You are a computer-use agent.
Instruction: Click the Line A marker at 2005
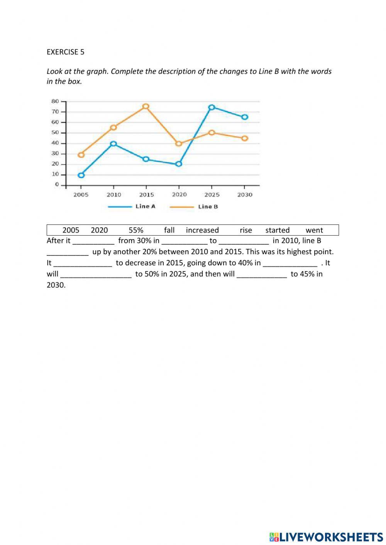pyautogui.click(x=81, y=175)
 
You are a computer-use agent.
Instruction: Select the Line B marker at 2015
pyautogui.click(x=146, y=106)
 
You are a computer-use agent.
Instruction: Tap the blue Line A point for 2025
pyautogui.click(x=212, y=108)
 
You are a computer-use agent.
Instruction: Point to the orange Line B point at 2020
pyautogui.click(x=179, y=143)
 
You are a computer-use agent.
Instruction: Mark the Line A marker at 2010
pyautogui.click(x=113, y=144)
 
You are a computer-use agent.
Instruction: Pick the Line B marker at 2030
pyautogui.click(x=245, y=138)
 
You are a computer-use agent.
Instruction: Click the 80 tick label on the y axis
pyautogui.click(x=55, y=101)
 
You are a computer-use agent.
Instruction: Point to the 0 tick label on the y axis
pyautogui.click(x=57, y=185)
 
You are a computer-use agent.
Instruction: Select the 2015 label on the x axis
pyautogui.click(x=146, y=195)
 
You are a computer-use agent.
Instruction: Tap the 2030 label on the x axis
pyautogui.click(x=245, y=195)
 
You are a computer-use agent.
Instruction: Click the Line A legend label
pyautogui.click(x=145, y=206)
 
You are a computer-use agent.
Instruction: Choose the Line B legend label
pyautogui.click(x=208, y=207)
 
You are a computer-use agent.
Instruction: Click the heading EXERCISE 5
pyautogui.click(x=65, y=52)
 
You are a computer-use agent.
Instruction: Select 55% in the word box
pyautogui.click(x=136, y=230)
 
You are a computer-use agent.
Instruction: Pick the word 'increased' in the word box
pyautogui.click(x=202, y=230)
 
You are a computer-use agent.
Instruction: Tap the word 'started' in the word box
pyautogui.click(x=277, y=230)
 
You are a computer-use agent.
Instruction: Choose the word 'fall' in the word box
pyautogui.click(x=169, y=230)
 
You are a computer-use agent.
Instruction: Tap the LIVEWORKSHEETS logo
pyautogui.click(x=327, y=537)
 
